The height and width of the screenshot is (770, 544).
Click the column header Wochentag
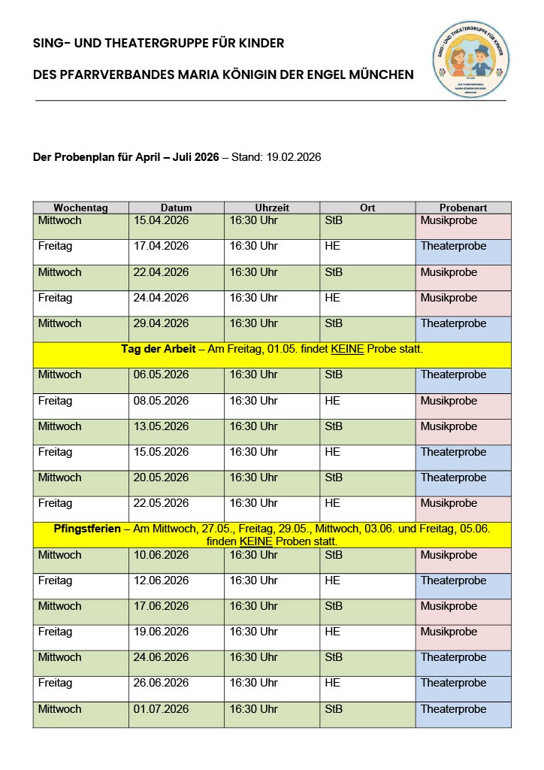[81, 208]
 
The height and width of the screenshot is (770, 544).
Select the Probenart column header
[463, 208]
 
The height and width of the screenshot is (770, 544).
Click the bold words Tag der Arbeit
[155, 349]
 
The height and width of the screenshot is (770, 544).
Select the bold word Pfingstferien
[87, 529]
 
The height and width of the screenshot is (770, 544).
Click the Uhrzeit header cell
[272, 208]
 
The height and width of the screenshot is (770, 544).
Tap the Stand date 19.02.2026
[294, 157]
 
